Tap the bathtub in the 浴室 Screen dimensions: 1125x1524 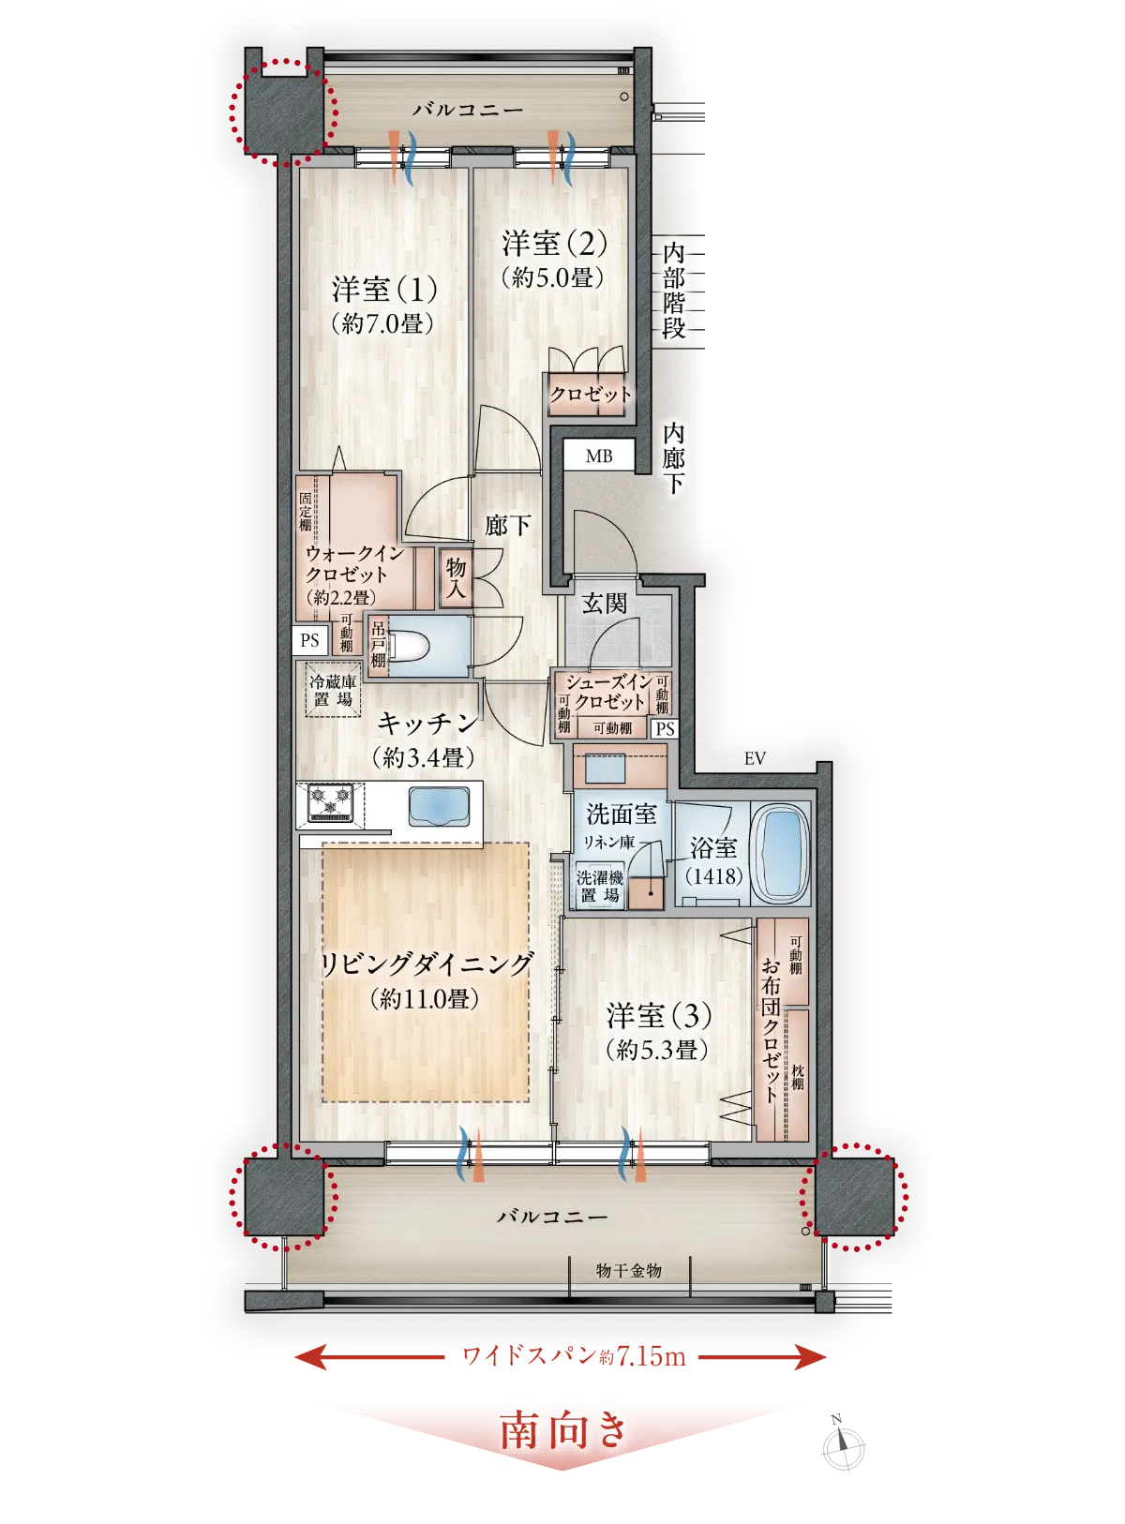[x=781, y=854]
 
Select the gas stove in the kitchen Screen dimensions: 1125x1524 [x=330, y=802]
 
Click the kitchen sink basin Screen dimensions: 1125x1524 [x=439, y=805]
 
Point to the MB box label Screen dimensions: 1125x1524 [x=598, y=456]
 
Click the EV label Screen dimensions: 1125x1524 [x=755, y=758]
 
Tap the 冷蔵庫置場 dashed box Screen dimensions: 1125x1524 [x=333, y=690]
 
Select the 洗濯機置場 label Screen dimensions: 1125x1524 [x=599, y=886]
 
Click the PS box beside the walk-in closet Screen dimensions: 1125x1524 [x=310, y=640]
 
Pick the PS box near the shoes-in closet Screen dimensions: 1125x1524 [x=665, y=729]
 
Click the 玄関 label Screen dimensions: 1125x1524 [x=604, y=604]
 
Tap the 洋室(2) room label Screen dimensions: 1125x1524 [x=554, y=243]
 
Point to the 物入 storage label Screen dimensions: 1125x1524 [x=456, y=577]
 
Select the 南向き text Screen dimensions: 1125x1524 [x=562, y=1430]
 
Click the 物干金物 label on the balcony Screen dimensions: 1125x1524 [x=628, y=1270]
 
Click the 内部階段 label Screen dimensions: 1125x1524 [x=673, y=290]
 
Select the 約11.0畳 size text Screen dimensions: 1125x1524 [x=424, y=998]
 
